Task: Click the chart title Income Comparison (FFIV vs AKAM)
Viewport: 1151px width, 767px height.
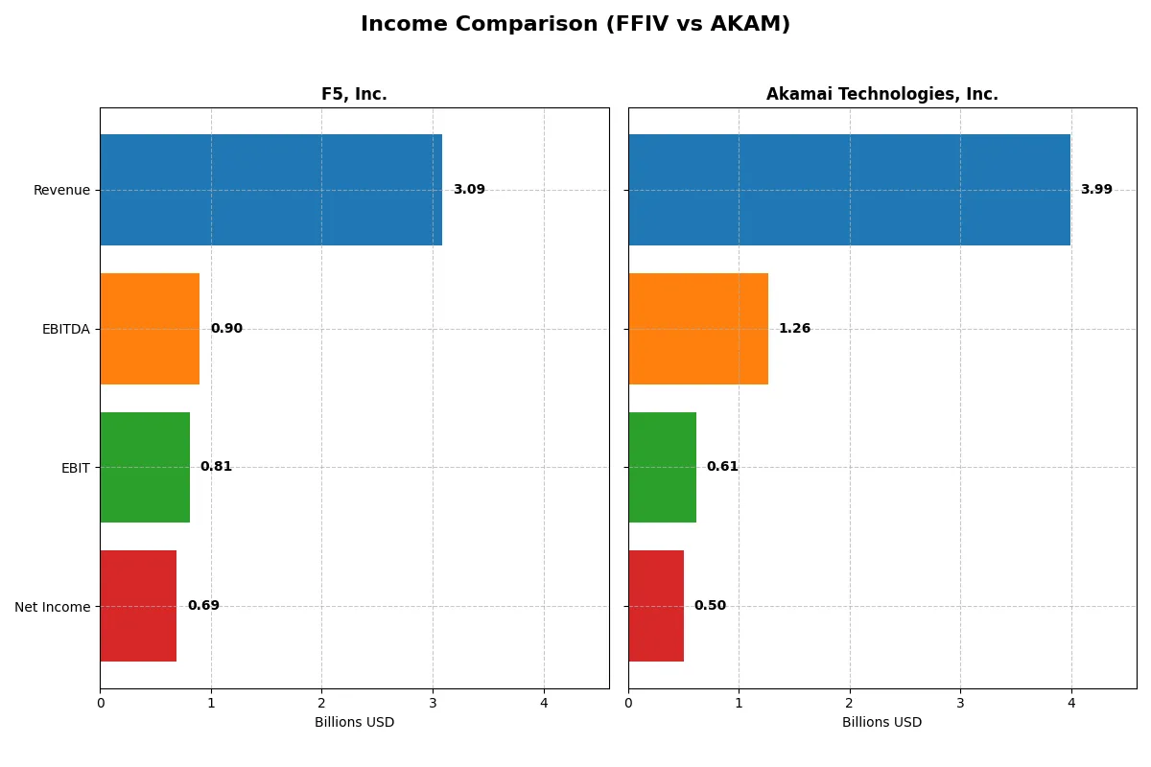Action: [575, 25]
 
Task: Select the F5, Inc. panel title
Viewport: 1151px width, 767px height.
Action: [354, 94]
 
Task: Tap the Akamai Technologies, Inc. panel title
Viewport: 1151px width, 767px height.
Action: [881, 94]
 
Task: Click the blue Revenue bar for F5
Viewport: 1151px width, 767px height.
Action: [270, 190]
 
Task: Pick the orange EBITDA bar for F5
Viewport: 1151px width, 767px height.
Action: [150, 329]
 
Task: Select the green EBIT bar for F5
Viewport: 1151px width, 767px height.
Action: [145, 467]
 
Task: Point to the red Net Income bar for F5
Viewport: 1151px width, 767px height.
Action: [138, 606]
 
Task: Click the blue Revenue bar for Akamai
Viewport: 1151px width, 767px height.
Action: [849, 190]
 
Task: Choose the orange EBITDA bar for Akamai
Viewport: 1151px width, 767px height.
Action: [698, 329]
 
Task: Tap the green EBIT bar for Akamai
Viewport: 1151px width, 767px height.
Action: [662, 467]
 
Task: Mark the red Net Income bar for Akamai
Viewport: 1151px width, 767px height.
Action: [656, 606]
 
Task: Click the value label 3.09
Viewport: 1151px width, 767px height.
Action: [469, 190]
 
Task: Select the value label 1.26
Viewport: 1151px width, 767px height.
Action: [794, 329]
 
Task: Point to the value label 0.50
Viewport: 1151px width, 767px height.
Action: [710, 606]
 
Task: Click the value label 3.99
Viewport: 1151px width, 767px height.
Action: [1096, 190]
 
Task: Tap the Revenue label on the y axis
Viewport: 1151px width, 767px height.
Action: [61, 190]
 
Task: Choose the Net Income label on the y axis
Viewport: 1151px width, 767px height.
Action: [53, 606]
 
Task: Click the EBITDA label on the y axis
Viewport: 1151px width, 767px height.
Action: [65, 329]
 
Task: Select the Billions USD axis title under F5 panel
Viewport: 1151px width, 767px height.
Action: [354, 723]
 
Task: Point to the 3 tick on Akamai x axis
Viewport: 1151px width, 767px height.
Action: [960, 703]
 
